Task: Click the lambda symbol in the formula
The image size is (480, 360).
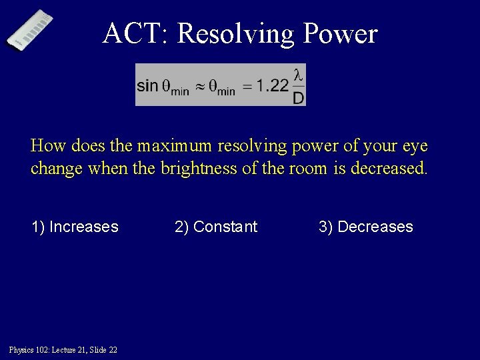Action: pos(299,75)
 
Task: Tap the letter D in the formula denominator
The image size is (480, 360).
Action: pos(299,97)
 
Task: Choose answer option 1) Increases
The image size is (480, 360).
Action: pos(75,227)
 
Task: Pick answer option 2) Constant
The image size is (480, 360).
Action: pos(215,227)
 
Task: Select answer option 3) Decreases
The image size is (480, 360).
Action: pos(365,227)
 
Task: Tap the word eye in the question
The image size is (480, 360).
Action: pos(413,145)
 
